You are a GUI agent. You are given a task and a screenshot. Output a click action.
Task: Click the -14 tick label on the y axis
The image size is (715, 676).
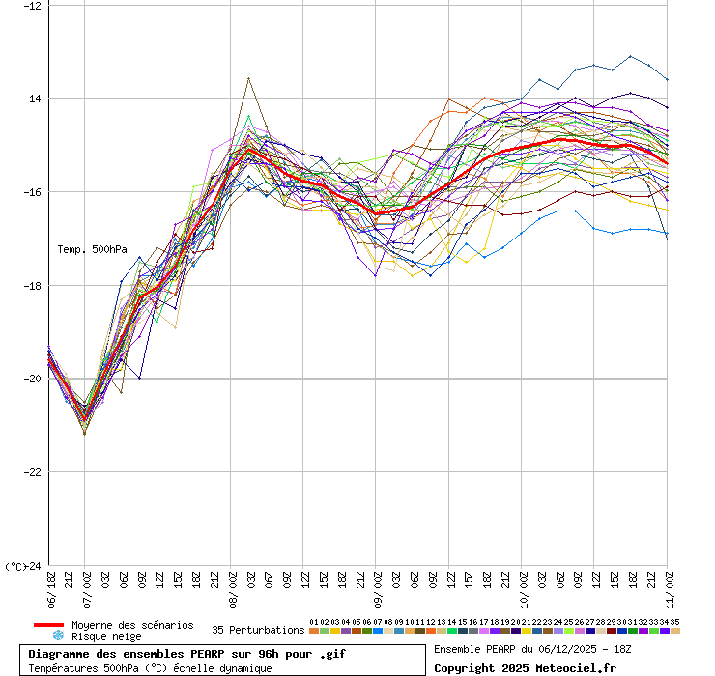pos(33,98)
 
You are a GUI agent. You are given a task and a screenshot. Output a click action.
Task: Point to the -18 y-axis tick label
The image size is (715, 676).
pos(33,285)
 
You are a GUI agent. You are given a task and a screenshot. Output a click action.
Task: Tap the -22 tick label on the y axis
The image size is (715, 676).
pos(33,472)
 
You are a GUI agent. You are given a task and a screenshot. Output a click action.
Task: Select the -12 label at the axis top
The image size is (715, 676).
pos(33,5)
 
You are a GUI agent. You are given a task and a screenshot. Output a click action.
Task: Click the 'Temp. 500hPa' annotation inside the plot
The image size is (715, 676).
pos(92,249)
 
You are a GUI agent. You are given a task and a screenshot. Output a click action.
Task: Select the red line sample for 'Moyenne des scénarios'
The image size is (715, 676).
pos(48,625)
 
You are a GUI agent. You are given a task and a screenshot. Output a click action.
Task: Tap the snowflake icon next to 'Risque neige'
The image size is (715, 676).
pos(58,636)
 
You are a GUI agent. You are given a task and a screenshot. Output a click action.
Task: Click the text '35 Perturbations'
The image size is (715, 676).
pos(258,630)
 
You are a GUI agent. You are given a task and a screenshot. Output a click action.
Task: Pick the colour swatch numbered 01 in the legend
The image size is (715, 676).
pos(314,631)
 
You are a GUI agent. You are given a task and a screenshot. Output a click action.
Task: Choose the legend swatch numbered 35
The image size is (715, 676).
pos(675,631)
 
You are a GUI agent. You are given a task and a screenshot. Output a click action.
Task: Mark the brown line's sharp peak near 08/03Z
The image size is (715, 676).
pos(249,78)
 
